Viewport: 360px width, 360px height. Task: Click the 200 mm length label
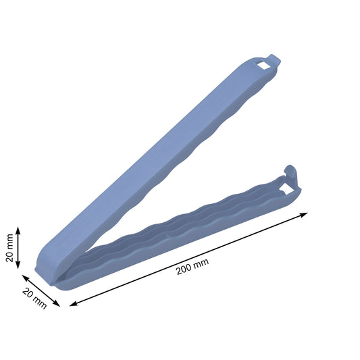coord(192,268)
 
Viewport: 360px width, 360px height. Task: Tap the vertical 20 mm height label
coord(9,249)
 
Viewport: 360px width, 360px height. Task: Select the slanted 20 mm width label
coord(34,298)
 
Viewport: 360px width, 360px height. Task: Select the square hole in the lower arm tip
coord(286,190)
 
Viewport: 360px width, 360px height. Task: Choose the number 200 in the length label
coord(184,271)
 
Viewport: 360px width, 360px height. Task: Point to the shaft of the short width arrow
coord(41,290)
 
